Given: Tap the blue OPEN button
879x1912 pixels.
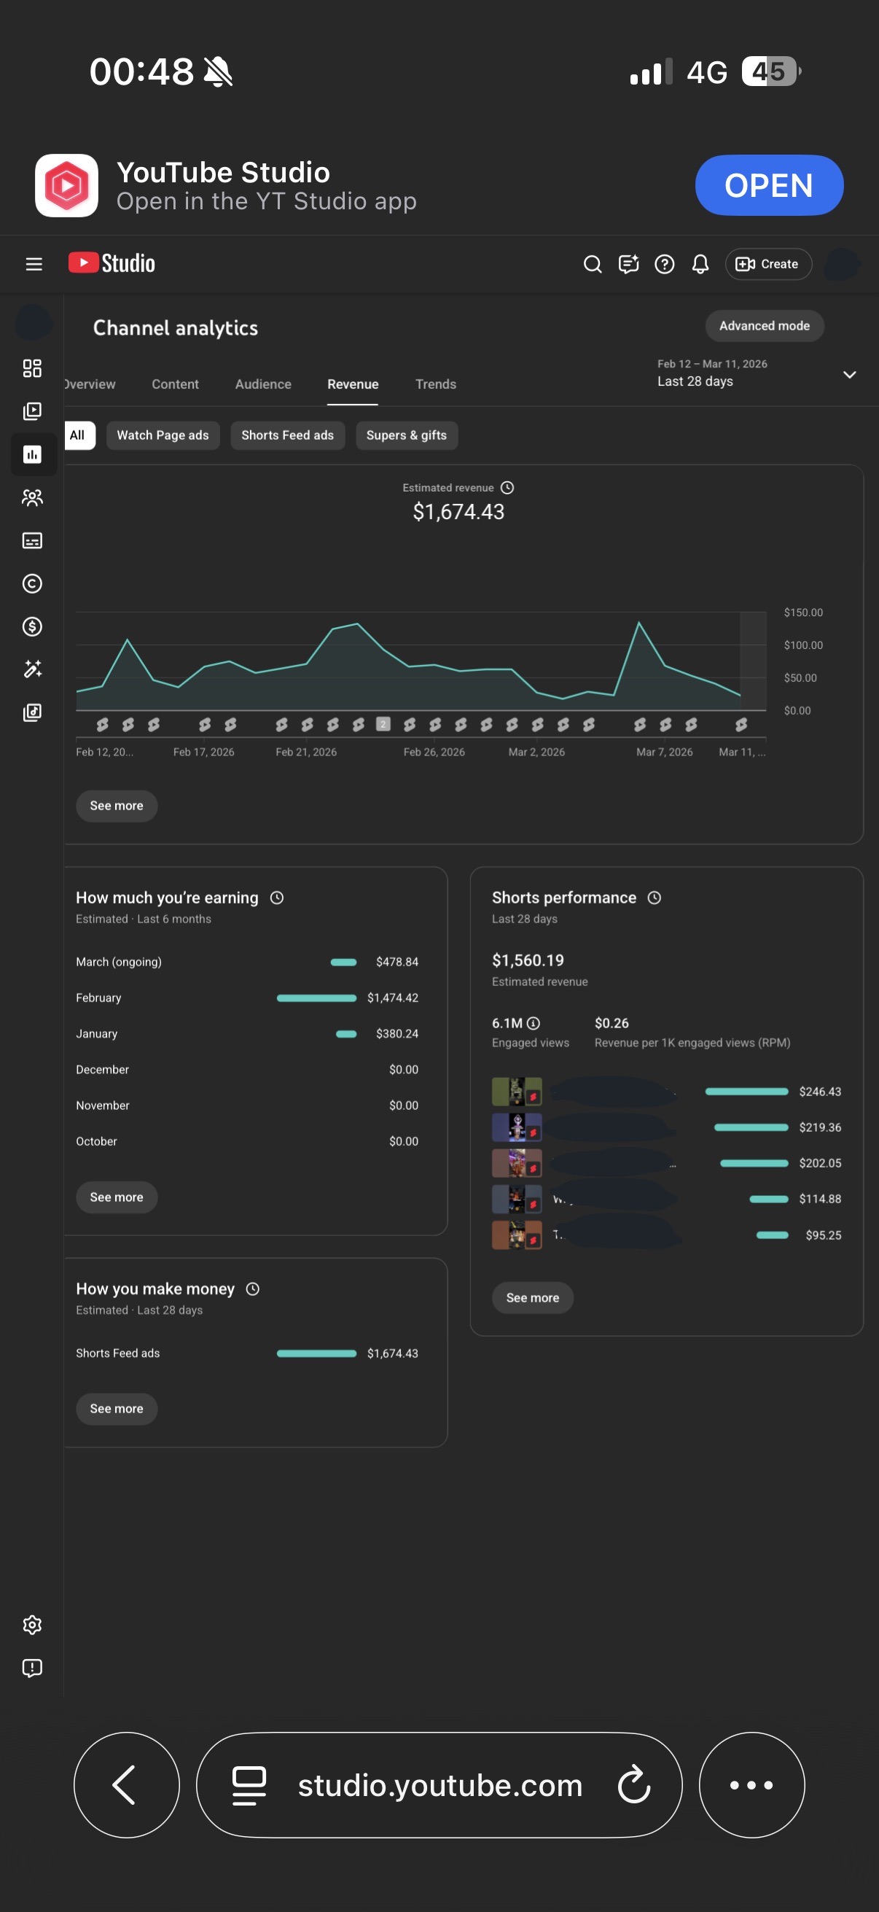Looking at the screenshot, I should click(768, 185).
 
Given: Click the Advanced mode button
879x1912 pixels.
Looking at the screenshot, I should click(764, 326).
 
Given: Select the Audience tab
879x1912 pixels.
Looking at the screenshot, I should click(263, 384).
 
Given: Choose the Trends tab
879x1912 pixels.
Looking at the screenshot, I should click(435, 384).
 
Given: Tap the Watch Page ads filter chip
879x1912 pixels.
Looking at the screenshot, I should click(163, 435).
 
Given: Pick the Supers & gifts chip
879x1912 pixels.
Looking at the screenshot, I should click(407, 435).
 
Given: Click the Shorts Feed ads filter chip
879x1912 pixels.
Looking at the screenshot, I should click(287, 435).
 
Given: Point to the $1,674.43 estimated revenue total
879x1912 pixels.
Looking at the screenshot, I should click(458, 512).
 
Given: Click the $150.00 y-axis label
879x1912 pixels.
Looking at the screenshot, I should click(803, 613).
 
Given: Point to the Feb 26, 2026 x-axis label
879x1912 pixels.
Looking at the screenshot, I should click(434, 752).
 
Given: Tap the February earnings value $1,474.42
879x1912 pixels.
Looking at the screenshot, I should click(392, 998).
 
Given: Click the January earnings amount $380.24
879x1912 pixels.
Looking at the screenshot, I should click(396, 1034).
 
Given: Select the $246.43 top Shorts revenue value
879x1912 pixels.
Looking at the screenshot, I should click(820, 1092).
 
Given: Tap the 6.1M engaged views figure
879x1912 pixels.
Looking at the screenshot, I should click(507, 1024).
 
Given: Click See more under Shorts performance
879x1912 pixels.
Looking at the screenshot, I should click(533, 1298).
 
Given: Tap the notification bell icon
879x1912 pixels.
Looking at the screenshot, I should click(700, 264).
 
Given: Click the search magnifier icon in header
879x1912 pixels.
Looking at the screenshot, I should click(592, 264).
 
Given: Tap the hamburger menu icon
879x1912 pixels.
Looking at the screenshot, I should click(34, 264).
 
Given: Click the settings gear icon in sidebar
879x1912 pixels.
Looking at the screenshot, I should click(33, 1625).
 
